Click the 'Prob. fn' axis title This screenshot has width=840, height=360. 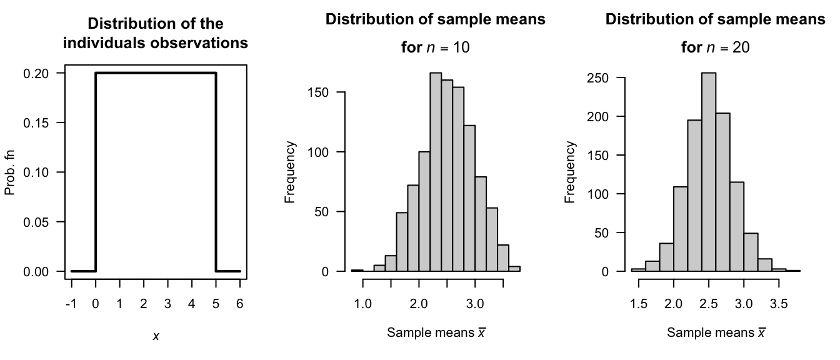tap(11, 172)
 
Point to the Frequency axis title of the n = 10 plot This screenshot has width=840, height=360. tap(290, 172)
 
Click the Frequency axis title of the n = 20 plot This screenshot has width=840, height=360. tap(570, 172)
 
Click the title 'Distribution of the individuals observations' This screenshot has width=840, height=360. tap(156, 34)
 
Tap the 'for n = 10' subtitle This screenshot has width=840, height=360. tap(436, 47)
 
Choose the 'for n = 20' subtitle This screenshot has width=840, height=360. tap(716, 47)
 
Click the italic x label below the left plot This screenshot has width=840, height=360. tap(156, 336)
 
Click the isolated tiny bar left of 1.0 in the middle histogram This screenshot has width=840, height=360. tap(357, 270)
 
